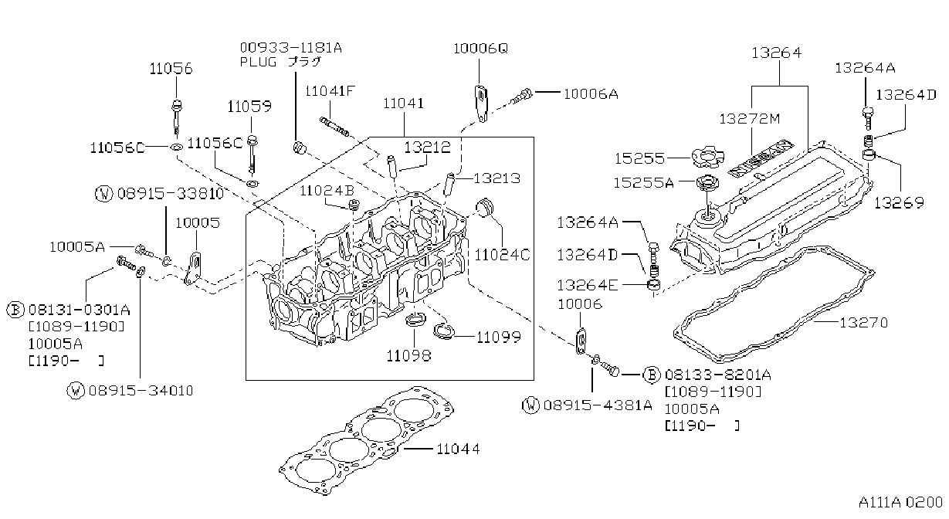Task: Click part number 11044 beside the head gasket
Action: (x=458, y=449)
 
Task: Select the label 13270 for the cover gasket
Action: (x=863, y=323)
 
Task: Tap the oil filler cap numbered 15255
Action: (x=707, y=158)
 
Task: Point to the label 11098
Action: (x=408, y=355)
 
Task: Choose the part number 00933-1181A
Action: (x=290, y=47)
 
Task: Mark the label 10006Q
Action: (x=480, y=49)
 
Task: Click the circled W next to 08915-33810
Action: (x=103, y=194)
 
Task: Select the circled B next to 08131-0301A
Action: (x=15, y=310)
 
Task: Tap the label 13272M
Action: (x=750, y=119)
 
